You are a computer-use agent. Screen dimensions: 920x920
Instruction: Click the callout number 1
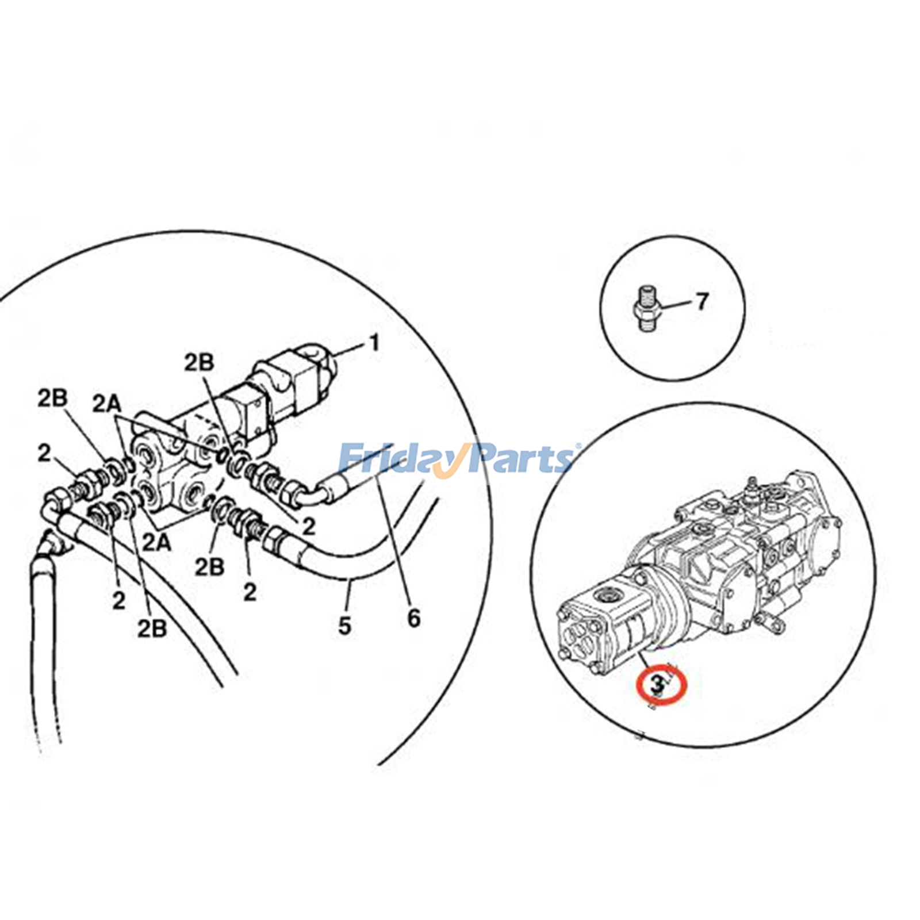374,343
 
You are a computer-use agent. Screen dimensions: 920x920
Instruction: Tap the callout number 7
701,301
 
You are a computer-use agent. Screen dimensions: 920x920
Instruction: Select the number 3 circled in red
657,684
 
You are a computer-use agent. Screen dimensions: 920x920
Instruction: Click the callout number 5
344,626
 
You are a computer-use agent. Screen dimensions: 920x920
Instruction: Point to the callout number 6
413,618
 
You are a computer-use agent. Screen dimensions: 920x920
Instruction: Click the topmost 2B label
199,363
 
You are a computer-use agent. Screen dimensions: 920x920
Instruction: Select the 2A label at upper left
107,404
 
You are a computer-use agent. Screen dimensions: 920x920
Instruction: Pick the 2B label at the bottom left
152,628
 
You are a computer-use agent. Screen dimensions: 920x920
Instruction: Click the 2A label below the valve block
157,542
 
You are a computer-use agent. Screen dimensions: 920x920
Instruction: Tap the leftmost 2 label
44,454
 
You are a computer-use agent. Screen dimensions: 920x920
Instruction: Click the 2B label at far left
52,398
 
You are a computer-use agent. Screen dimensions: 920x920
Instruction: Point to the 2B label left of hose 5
209,567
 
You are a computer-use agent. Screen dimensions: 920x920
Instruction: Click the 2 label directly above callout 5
250,592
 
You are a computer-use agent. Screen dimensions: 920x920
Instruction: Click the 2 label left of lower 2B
118,601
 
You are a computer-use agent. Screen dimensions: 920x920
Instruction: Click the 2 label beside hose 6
309,526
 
